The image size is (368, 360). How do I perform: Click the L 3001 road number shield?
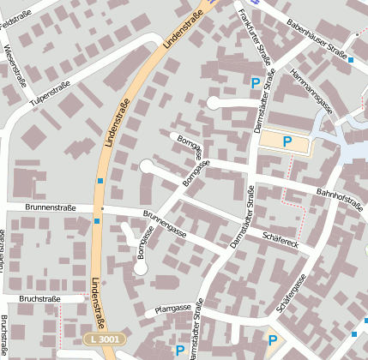tap(104, 340)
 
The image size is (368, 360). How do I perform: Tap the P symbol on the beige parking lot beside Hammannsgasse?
tap(287, 142)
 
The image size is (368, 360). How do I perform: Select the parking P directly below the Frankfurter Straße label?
tap(255, 83)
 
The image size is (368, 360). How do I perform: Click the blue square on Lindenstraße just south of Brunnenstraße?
tap(97, 221)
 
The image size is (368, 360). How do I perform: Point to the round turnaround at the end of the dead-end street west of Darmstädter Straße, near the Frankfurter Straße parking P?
tap(214, 104)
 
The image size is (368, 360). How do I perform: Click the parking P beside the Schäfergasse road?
tap(272, 341)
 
